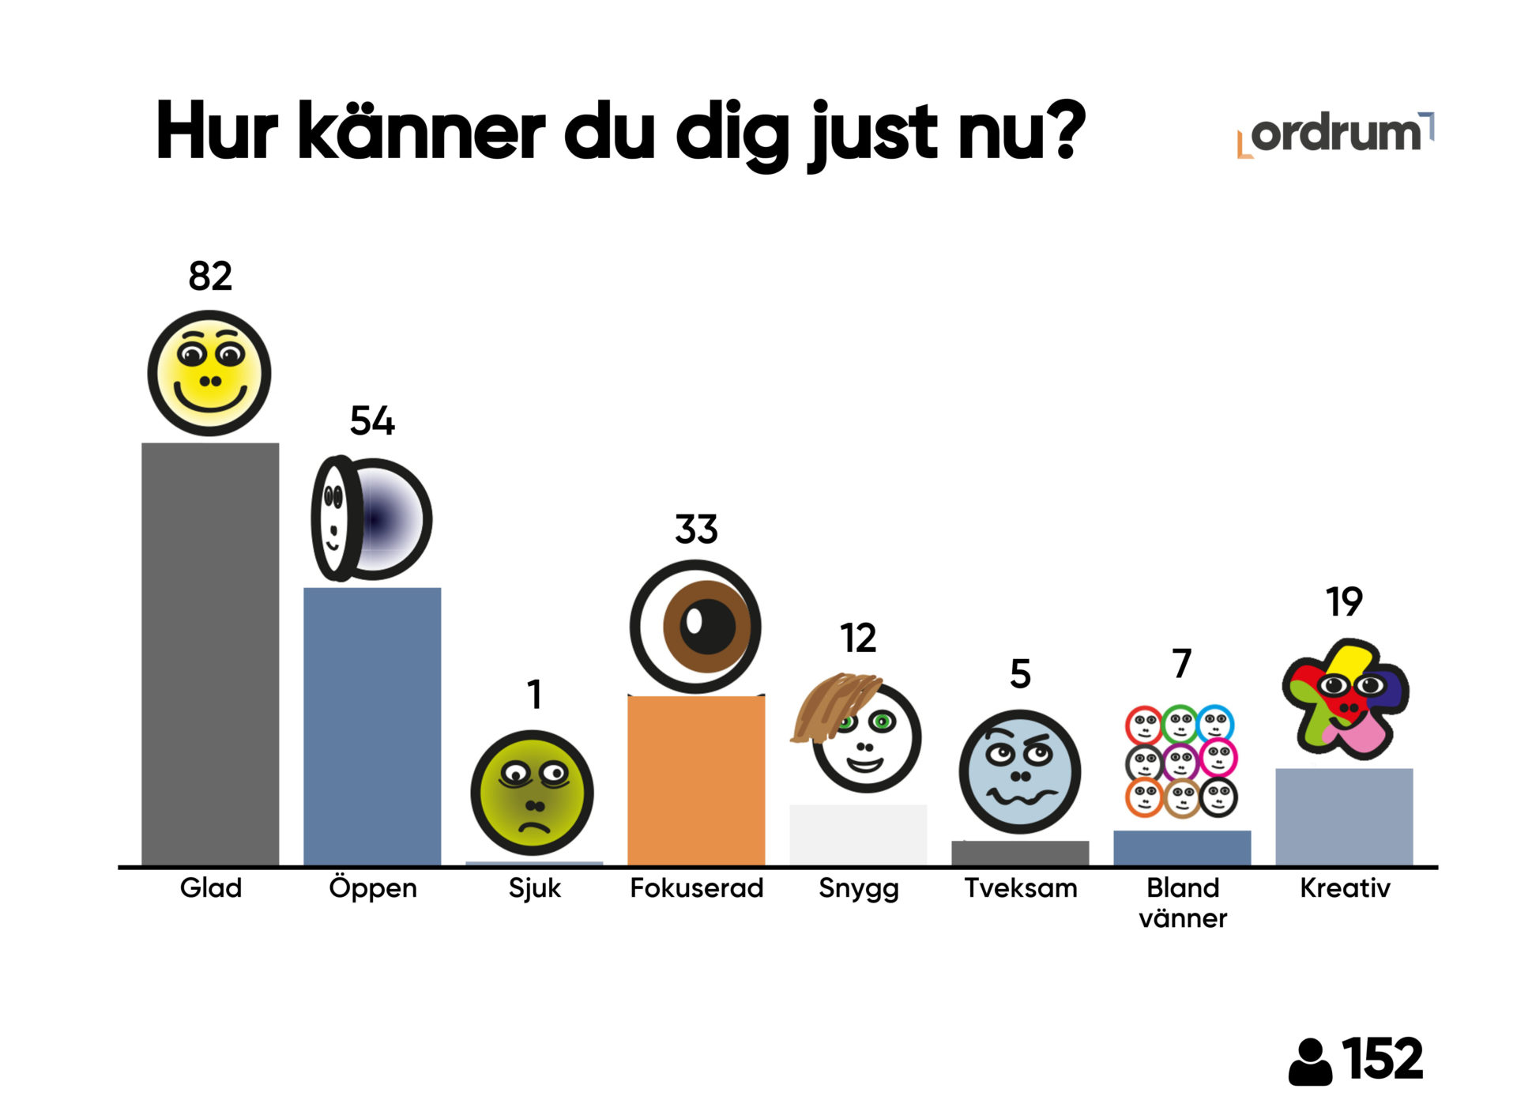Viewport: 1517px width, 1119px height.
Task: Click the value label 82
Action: point(210,276)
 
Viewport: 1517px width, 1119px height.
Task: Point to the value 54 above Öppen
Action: point(372,420)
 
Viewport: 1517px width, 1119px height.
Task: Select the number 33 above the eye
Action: point(696,529)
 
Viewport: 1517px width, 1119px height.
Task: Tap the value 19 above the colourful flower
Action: point(1344,602)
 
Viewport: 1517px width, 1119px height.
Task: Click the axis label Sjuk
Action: point(534,888)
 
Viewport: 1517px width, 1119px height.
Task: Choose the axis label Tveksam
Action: point(1020,888)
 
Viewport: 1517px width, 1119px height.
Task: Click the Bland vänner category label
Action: point(1182,902)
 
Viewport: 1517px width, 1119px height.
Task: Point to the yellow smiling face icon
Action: point(209,373)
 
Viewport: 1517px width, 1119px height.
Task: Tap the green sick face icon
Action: point(532,793)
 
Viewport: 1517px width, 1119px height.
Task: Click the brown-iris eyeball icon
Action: point(695,627)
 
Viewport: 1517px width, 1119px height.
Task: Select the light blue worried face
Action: point(1019,771)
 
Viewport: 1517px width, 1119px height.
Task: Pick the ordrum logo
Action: point(1335,134)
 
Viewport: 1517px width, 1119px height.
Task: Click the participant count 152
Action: point(1382,1059)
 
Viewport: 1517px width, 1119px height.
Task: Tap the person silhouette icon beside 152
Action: point(1310,1062)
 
